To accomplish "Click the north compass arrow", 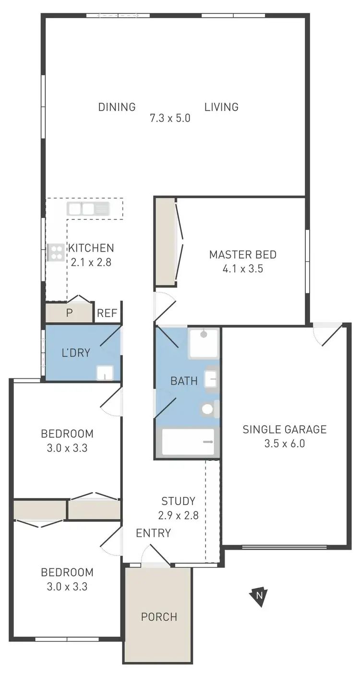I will [x=258, y=596].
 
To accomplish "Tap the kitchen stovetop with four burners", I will [x=56, y=253].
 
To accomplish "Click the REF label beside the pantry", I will [x=107, y=313].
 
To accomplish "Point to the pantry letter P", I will [x=69, y=313].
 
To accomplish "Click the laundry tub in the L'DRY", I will [x=104, y=373].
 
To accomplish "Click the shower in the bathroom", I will [x=204, y=343].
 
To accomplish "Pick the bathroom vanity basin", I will [x=211, y=379].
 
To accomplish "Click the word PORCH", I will [x=159, y=616].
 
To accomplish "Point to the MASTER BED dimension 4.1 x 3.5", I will [x=243, y=268].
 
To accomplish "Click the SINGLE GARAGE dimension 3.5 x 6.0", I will [x=284, y=444].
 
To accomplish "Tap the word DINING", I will [x=117, y=107].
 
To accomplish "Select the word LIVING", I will [x=221, y=107].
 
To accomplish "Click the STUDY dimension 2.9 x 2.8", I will [x=178, y=516].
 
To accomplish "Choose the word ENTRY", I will [x=153, y=533].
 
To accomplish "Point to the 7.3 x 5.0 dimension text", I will [x=170, y=118].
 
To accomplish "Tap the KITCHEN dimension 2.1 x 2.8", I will [x=91, y=262].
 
